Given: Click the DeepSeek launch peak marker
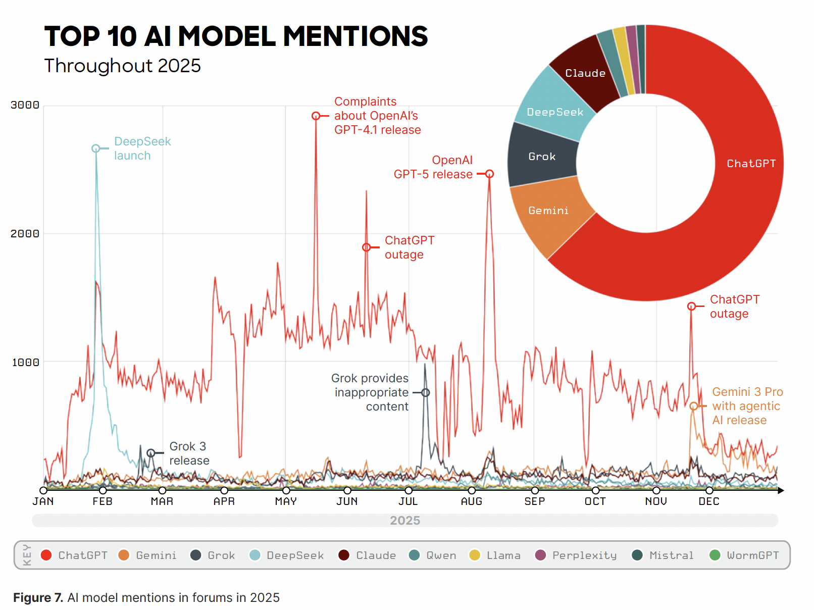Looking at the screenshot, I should tap(96, 148).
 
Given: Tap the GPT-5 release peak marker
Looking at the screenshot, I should tap(489, 174).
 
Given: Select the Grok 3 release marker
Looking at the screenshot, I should tap(151, 453).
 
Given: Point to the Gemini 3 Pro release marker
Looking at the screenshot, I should tap(694, 406).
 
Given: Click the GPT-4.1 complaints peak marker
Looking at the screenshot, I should tap(316, 116).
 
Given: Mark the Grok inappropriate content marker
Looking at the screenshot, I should tap(426, 392).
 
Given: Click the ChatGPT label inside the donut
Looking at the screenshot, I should tap(751, 164).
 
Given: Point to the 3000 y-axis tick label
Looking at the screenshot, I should tap(25, 105).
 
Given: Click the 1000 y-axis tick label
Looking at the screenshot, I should tap(25, 363).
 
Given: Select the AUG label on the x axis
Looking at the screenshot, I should tap(471, 501).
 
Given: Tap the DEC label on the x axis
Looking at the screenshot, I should tap(708, 501).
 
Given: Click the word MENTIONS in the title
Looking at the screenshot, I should tap(355, 37).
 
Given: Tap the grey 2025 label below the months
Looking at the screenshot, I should tap(405, 521).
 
